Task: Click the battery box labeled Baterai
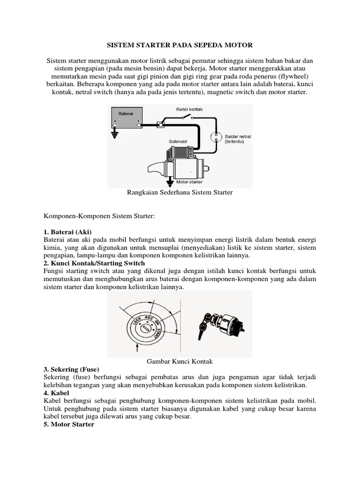point(126,117)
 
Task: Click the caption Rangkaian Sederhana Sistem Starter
point(180,193)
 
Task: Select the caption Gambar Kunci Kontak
point(180,361)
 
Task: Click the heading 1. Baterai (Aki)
point(67,232)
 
